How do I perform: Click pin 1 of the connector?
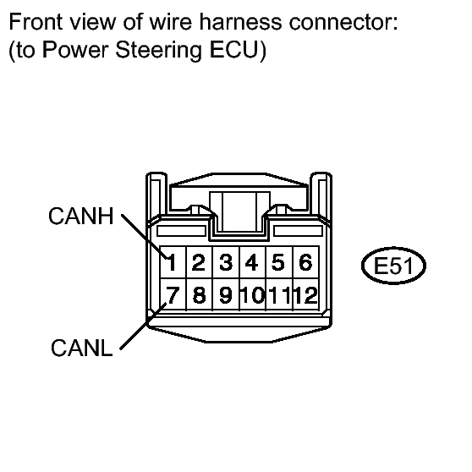point(173,262)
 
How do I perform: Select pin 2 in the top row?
point(200,262)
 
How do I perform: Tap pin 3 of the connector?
point(226,262)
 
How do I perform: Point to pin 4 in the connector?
point(252,262)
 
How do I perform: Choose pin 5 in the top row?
point(279,262)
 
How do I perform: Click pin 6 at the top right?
point(305,262)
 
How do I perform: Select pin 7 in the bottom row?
point(173,294)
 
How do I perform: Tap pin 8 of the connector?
point(200,294)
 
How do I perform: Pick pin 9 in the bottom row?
point(226,294)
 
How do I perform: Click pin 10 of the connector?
point(252,294)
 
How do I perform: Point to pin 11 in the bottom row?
point(279,294)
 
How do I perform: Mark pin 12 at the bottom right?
point(305,294)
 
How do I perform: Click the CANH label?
point(81,216)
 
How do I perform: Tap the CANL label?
point(81,348)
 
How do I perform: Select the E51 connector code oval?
point(393,266)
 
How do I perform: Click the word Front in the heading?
point(36,22)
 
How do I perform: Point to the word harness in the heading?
point(240,22)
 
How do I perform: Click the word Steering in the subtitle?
point(159,50)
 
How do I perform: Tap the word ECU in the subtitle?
point(234,49)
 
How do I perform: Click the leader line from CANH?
point(145,237)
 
